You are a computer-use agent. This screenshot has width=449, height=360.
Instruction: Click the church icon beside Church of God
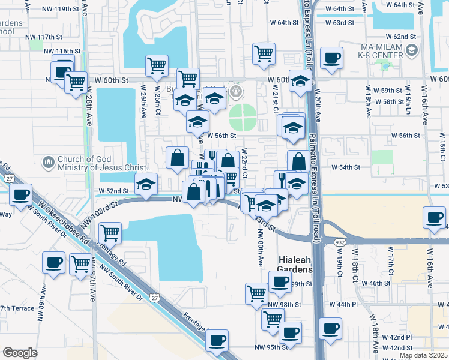point(49,163)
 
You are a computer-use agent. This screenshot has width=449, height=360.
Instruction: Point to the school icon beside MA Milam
point(411,52)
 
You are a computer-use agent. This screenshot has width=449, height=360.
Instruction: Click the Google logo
point(20,353)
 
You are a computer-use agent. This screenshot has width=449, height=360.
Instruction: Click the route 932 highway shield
point(331,241)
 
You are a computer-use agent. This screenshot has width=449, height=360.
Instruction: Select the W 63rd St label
point(340,23)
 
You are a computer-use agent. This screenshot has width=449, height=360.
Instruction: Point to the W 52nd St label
point(113,191)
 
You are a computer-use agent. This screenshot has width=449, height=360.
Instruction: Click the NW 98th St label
point(284,305)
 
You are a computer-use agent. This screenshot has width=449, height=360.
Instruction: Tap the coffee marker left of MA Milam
point(331,59)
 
